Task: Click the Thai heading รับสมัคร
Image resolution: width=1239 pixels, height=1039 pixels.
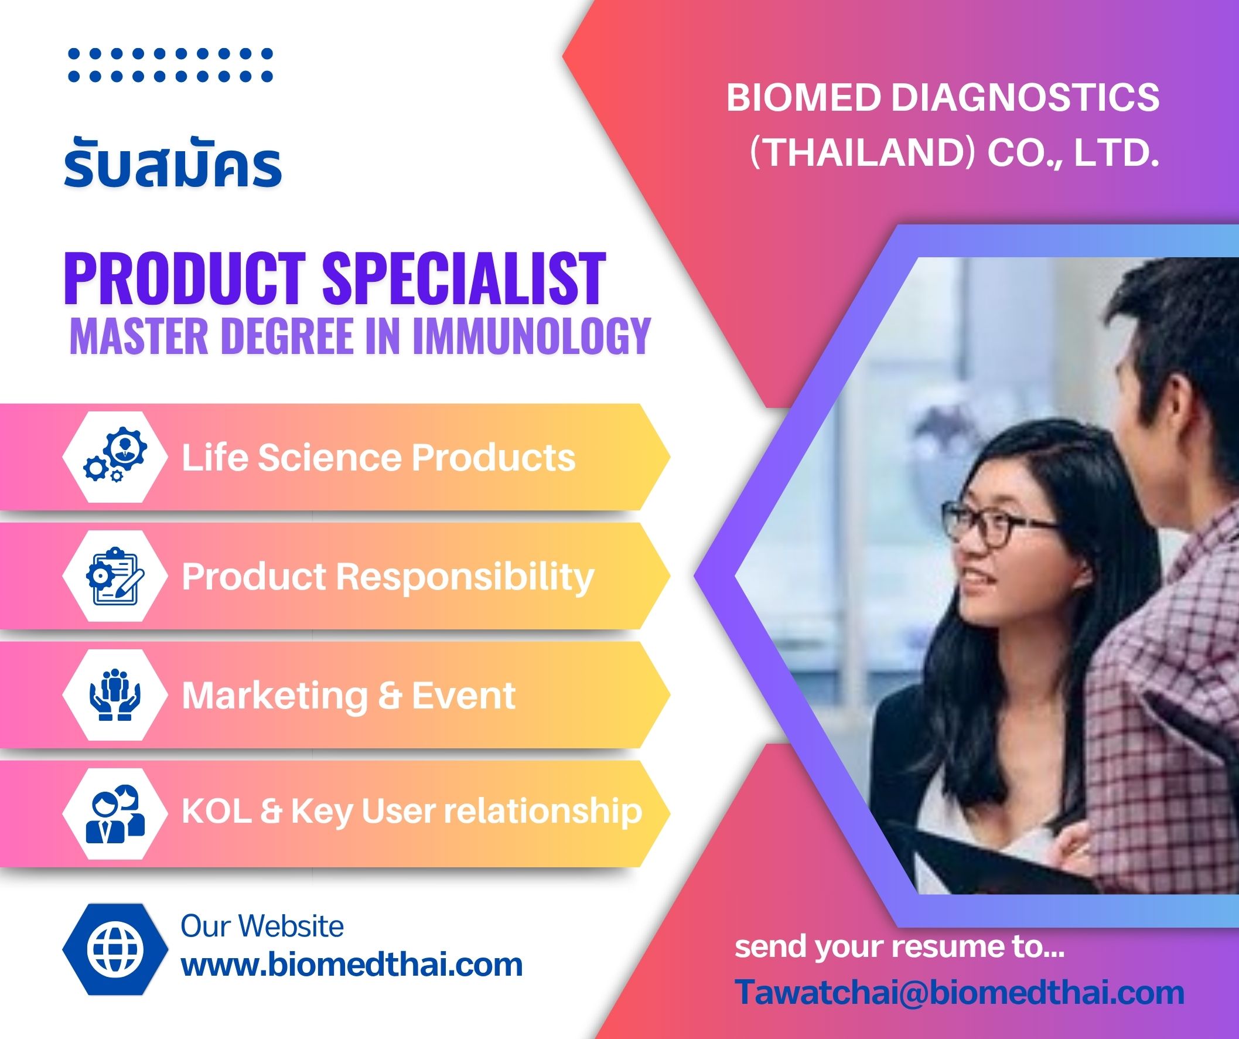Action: click(x=172, y=166)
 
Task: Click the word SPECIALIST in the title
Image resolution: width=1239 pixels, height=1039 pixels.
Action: click(x=464, y=279)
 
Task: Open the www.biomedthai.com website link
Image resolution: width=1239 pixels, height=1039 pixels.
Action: click(x=351, y=965)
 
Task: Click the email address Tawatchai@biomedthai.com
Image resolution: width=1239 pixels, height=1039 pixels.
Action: click(x=960, y=992)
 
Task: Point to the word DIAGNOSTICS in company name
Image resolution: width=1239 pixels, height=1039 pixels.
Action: click(x=1025, y=97)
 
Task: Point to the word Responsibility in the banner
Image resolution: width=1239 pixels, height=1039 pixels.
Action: click(x=465, y=577)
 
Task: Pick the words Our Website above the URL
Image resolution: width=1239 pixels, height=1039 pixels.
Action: click(x=262, y=926)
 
